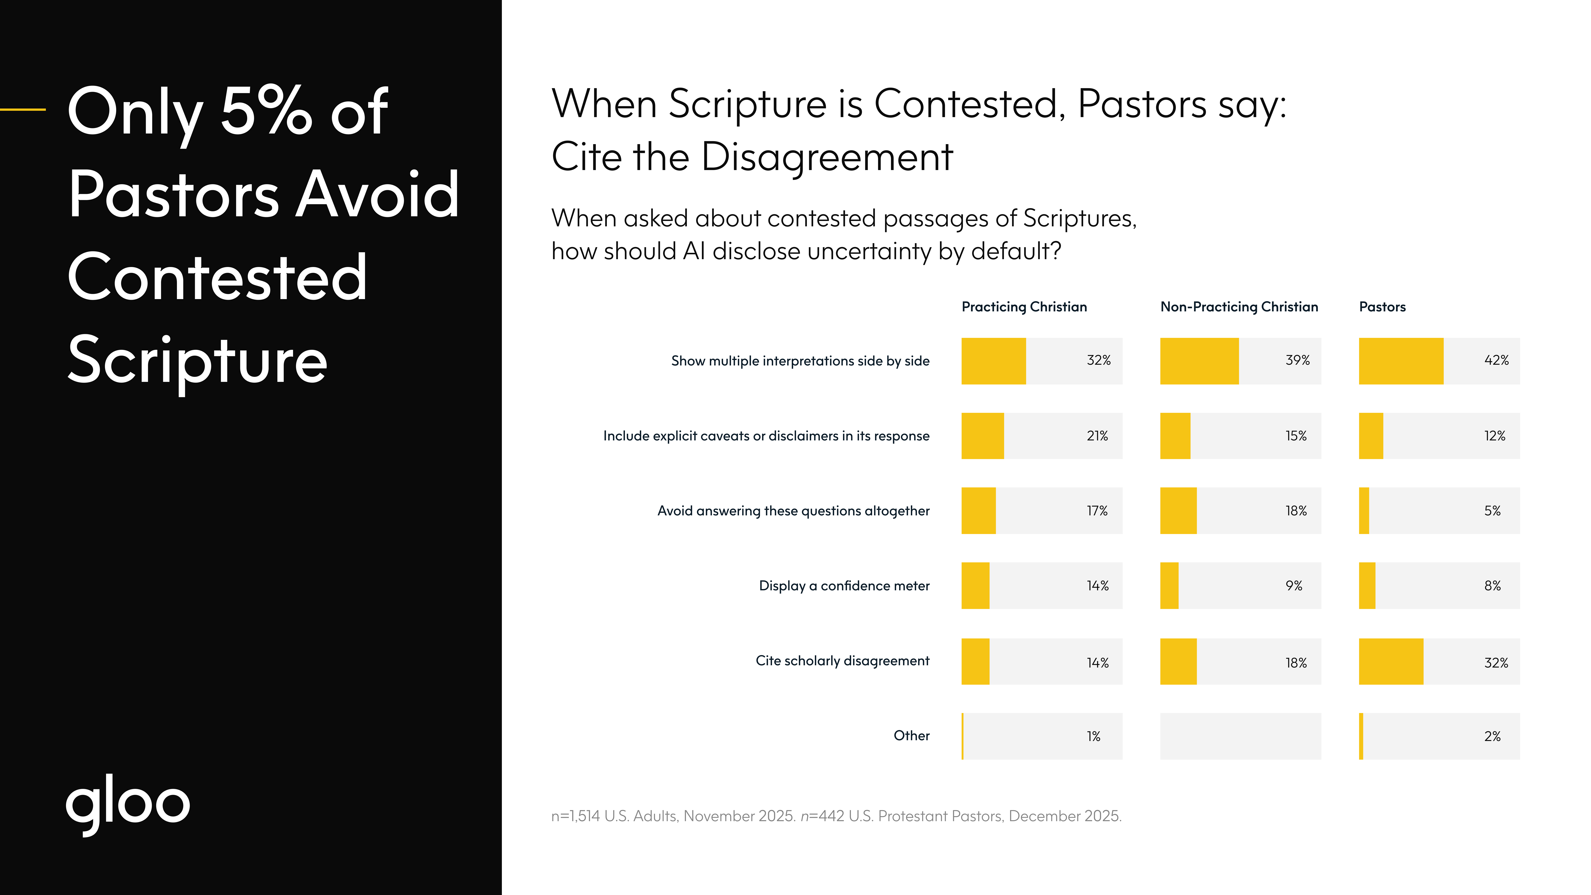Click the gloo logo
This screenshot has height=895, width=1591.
[128, 803]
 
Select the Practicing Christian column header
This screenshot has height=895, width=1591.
[1024, 307]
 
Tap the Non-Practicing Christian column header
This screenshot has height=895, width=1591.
[1239, 307]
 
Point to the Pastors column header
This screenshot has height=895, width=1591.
[1382, 307]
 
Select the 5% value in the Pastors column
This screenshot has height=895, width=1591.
[1492, 511]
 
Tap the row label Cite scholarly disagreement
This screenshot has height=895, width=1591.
[842, 661]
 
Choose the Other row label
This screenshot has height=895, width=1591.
[912, 736]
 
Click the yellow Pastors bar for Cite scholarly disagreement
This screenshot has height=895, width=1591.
[1391, 662]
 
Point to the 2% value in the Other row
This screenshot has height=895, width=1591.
[1492, 736]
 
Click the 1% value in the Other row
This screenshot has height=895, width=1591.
[1093, 736]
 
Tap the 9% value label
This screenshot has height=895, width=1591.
[1294, 585]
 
